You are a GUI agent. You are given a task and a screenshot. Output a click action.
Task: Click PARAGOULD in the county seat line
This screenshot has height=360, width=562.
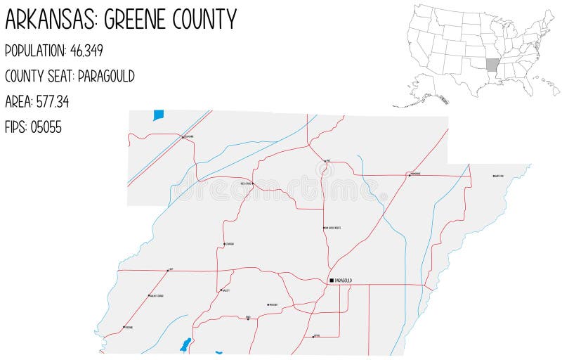106,76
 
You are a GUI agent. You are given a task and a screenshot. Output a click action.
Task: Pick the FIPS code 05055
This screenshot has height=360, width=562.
46,127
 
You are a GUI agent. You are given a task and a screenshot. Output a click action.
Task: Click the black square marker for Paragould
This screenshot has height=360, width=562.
332,281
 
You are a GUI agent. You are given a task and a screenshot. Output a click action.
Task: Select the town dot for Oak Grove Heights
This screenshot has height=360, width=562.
324,229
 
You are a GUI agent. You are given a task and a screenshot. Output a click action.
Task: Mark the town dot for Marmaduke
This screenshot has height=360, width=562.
409,174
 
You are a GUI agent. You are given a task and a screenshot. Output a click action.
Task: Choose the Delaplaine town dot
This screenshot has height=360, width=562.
183,137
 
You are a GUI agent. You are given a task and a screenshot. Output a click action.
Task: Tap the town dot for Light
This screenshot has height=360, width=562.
168,270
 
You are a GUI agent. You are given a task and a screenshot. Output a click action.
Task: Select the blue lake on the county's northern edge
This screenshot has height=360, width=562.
158,115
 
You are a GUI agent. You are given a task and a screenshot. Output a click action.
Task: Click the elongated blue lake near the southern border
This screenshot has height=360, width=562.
185,345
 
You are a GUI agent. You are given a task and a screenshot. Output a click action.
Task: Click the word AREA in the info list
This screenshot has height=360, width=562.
19,102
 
